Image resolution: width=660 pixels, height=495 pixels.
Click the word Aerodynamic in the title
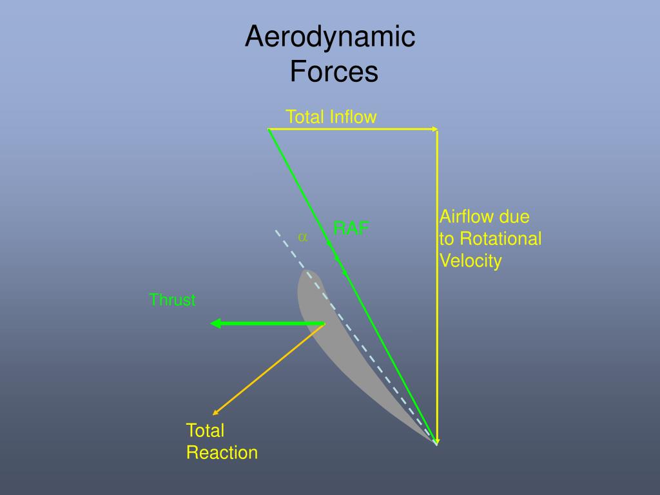329,37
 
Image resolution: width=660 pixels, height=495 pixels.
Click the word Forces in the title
333,72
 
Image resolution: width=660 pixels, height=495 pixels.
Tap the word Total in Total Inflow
306,117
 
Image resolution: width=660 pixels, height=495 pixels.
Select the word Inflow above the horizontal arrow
353,117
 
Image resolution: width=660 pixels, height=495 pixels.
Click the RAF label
351,228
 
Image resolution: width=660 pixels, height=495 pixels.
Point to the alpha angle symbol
302,237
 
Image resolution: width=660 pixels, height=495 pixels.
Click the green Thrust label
172,300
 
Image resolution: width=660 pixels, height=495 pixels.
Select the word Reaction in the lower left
222,452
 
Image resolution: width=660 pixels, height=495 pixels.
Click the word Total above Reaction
205,431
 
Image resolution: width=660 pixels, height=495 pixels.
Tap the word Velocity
470,261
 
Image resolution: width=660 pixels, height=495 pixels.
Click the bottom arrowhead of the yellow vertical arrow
437,440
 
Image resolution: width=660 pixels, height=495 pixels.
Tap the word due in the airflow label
515,217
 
